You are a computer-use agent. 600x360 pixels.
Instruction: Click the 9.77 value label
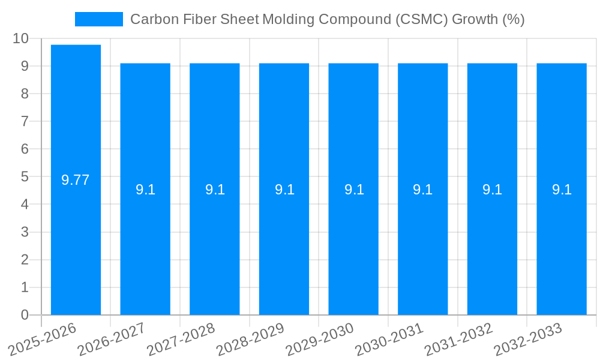click(x=76, y=180)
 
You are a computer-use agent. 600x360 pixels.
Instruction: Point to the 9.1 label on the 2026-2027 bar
click(x=145, y=190)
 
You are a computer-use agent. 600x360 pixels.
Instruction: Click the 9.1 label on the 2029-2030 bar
click(x=353, y=190)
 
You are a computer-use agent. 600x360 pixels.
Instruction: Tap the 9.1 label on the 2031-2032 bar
click(x=492, y=190)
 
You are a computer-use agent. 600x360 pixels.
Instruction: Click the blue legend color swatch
click(x=98, y=19)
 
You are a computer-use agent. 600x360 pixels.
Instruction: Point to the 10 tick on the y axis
click(x=20, y=38)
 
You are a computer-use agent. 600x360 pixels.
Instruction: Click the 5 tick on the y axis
click(x=25, y=177)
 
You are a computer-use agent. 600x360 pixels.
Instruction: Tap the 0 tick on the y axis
click(x=25, y=315)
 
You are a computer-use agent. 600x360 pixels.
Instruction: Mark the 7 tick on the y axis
click(x=25, y=121)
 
